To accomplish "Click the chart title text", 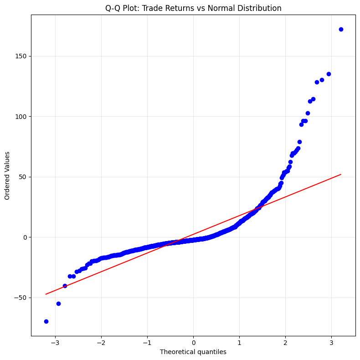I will point(193,8).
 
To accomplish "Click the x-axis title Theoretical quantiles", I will point(193,352).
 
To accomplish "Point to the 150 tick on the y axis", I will point(22,56).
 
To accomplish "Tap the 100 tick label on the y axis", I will point(22,117).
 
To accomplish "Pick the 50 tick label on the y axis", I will point(24,177).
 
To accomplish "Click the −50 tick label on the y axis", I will point(22,298).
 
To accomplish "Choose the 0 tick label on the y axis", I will point(26,237).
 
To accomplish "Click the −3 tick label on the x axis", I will point(55,343).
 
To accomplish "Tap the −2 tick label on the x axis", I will point(101,343).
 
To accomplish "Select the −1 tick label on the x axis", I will point(147,343).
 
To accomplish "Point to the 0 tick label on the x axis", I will point(193,343).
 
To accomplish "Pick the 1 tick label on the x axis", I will point(239,343).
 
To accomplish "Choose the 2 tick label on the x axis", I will point(285,343).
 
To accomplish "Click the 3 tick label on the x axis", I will point(331,343).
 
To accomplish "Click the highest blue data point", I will point(341,29).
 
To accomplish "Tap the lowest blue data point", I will point(46,321).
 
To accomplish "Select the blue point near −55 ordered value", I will point(58,303).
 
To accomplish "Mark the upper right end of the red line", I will point(341,174).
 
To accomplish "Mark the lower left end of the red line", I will point(46,294).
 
